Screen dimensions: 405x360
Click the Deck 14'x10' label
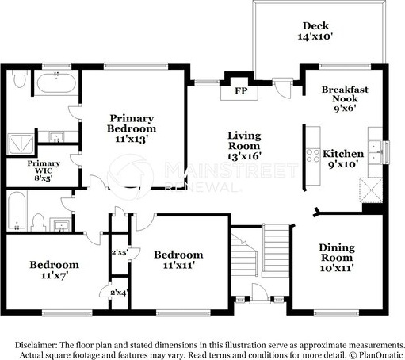tap(315, 31)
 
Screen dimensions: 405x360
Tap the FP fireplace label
tap(241, 91)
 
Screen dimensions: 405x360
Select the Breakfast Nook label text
tap(345, 94)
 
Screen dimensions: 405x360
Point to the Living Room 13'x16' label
tap(244, 146)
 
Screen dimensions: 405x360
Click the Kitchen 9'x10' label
tap(343, 159)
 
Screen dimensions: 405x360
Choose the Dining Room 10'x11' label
tap(337, 258)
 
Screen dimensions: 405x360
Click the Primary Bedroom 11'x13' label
tap(132, 128)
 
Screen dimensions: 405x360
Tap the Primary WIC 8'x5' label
tap(44, 170)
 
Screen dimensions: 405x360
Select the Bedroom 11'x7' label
tap(54, 270)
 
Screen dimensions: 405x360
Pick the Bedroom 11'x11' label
tap(178, 260)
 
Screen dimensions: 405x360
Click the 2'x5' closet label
tap(120, 252)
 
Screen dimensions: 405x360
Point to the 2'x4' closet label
tap(120, 293)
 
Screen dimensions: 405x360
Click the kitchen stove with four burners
tap(313, 155)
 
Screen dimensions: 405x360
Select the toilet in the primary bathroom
tap(20, 79)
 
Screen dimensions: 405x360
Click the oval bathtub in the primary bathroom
tap(56, 82)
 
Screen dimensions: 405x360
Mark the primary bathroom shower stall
tap(21, 144)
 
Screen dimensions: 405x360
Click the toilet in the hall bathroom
tap(38, 222)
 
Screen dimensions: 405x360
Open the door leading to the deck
tap(283, 88)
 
